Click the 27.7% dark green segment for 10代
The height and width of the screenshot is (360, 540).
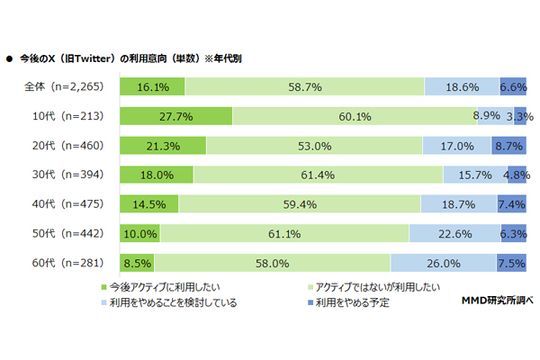point(175,116)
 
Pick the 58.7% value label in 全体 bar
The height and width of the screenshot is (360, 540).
point(304,86)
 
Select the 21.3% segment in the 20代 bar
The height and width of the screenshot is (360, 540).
point(163,146)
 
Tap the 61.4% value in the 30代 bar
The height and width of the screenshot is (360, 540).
point(318,175)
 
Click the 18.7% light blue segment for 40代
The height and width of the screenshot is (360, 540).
point(459,204)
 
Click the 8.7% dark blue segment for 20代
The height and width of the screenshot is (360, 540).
point(509,146)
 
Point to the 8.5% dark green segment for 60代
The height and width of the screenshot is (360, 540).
point(137,263)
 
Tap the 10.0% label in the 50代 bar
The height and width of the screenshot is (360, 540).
point(140,233)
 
